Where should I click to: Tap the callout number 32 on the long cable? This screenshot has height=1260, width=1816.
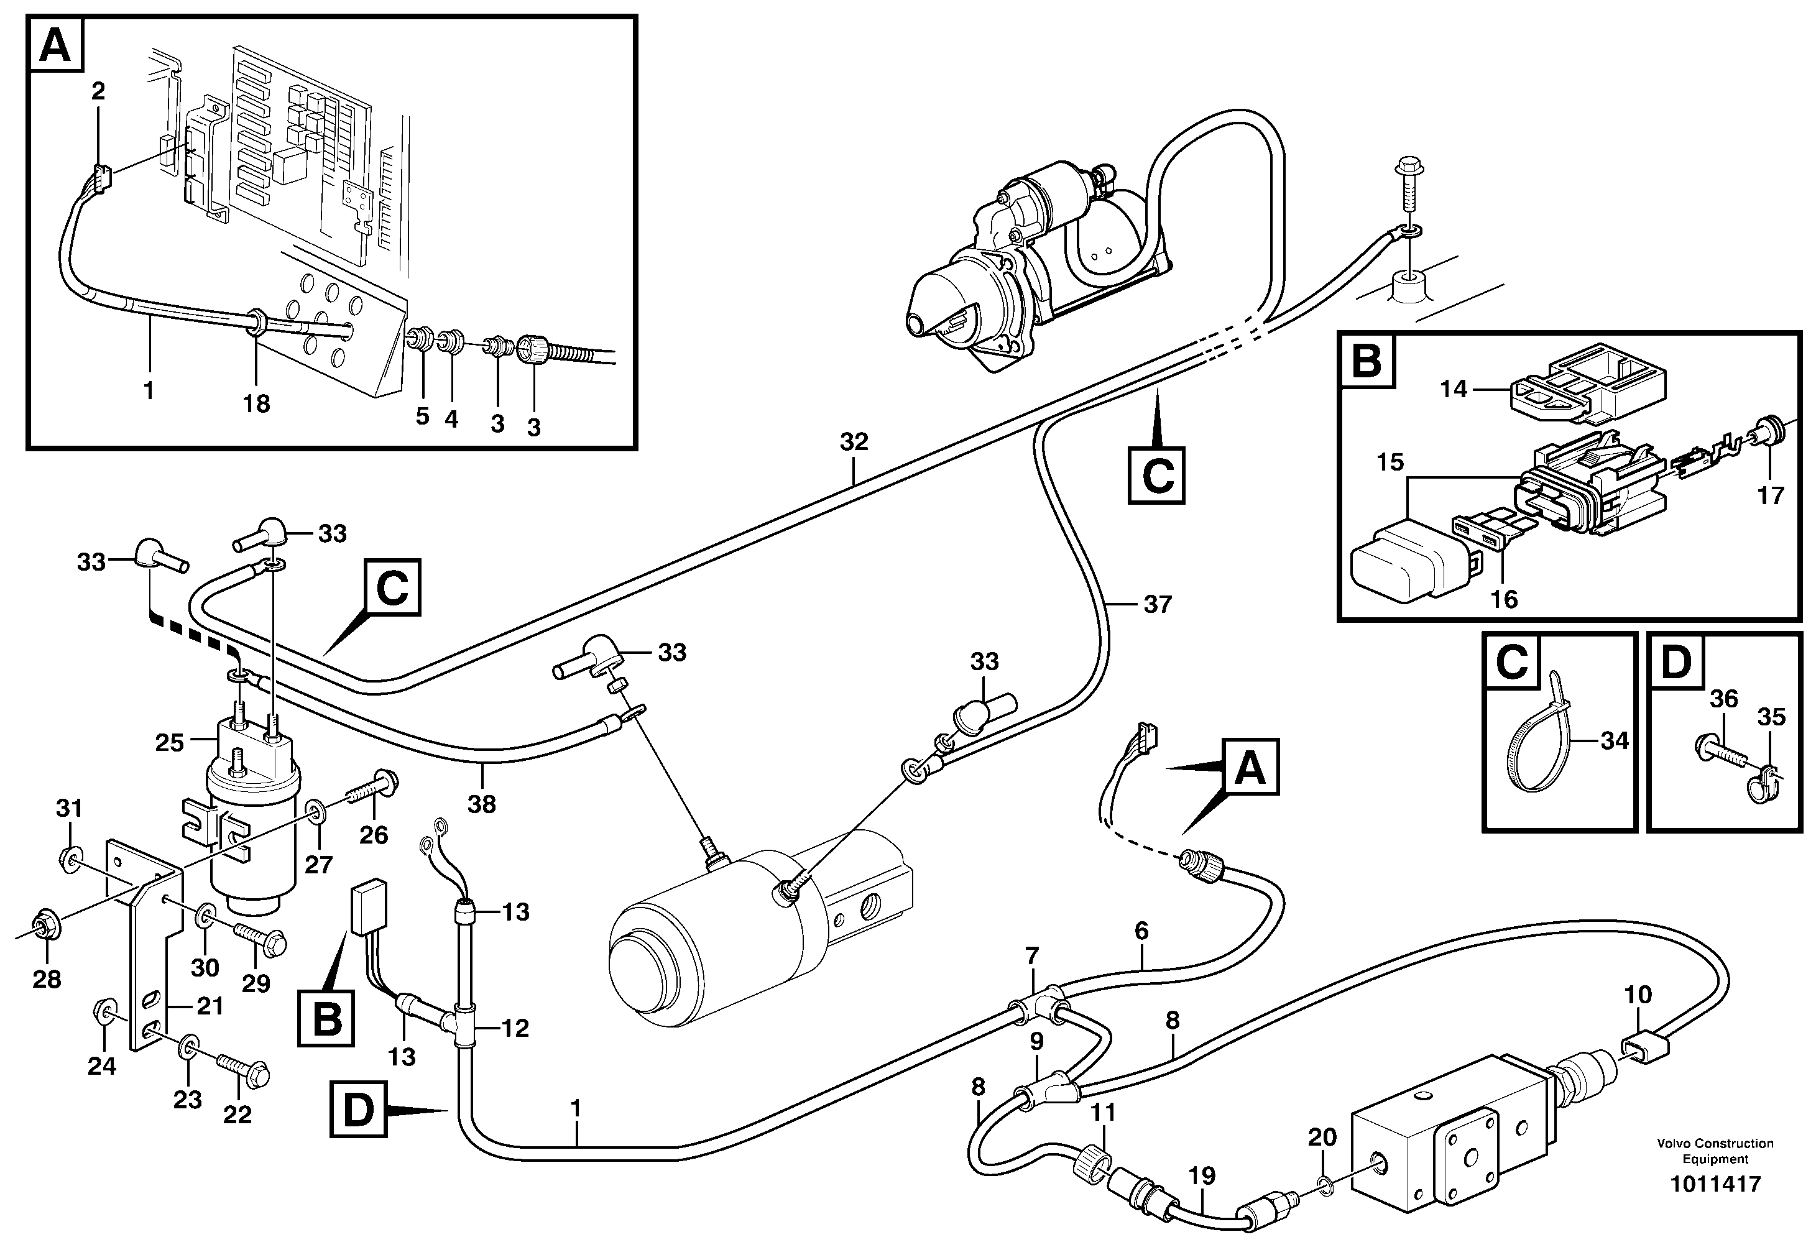tap(854, 441)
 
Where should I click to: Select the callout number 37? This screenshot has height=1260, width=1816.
tap(1158, 605)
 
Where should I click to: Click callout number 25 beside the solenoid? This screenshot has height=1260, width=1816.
tap(169, 742)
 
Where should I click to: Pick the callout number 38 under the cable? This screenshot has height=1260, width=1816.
tap(482, 804)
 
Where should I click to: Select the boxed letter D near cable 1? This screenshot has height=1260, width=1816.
tap(357, 1110)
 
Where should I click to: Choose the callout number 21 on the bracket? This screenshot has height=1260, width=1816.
tap(210, 1006)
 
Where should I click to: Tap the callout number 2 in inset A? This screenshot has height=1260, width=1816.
tap(98, 91)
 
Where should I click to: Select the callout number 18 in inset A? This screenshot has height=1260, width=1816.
tap(257, 404)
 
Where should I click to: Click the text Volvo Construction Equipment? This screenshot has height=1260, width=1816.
tap(1714, 1151)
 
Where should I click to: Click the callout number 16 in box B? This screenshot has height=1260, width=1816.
tap(1504, 599)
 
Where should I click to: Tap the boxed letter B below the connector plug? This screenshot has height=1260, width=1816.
tap(327, 1019)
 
